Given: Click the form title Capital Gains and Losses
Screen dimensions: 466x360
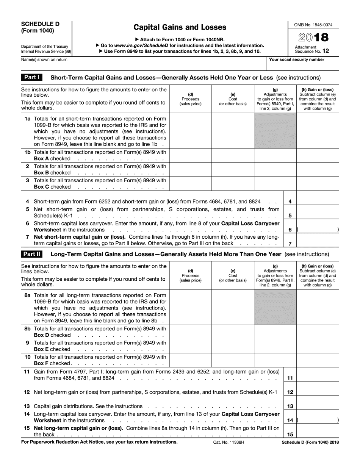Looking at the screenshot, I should pyautogui.click(x=180, y=27).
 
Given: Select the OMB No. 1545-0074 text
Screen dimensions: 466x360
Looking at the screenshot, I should pyautogui.click(x=313, y=25).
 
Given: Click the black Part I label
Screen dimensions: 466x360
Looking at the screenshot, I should pyautogui.click(x=32, y=77).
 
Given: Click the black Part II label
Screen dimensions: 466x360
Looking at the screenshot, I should pyautogui.click(x=32, y=254).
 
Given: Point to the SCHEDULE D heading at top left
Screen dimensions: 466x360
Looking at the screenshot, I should pyautogui.click(x=40, y=23).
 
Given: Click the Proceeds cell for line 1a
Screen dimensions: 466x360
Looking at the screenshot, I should pyautogui.click(x=190, y=131).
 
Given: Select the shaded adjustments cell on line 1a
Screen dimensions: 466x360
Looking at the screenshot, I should pyautogui.click(x=275, y=131).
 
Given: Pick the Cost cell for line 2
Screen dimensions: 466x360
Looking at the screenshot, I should pyautogui.click(x=233, y=169).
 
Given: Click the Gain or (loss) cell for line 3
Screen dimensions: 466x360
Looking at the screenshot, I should pyautogui.click(x=318, y=183).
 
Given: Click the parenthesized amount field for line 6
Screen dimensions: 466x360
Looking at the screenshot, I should pyautogui.click(x=318, y=229).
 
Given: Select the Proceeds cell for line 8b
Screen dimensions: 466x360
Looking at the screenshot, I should pyautogui.click(x=190, y=332).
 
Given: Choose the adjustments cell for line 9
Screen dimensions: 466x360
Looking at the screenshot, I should pyautogui.click(x=275, y=346).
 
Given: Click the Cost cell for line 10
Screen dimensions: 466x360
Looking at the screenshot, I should pyautogui.click(x=233, y=360).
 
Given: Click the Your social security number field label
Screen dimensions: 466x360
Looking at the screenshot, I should pyautogui.click(x=296, y=59).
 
